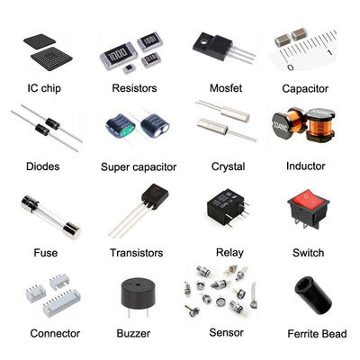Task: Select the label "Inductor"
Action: click(x=304, y=167)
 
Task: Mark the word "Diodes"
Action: click(x=43, y=167)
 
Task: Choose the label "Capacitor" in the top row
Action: click(x=304, y=88)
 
